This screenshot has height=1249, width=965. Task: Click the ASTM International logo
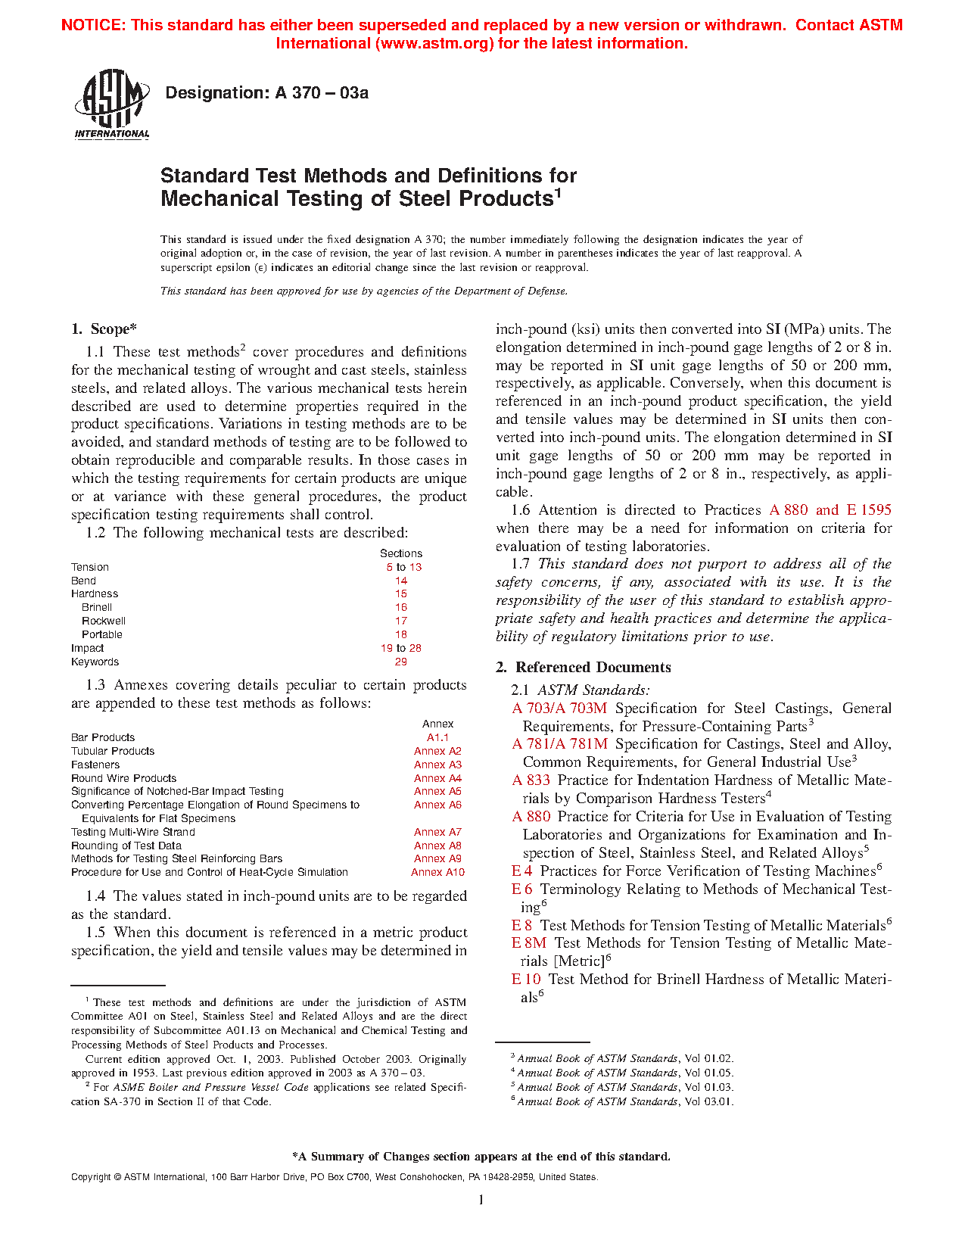click(x=111, y=104)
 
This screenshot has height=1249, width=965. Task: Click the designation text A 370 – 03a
click(x=266, y=93)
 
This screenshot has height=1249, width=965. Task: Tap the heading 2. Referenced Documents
click(x=583, y=667)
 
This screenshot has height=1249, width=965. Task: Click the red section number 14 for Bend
click(x=401, y=581)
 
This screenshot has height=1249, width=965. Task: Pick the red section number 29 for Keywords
click(x=401, y=662)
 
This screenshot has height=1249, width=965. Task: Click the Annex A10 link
click(x=437, y=872)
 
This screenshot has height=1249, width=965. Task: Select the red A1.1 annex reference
click(x=437, y=737)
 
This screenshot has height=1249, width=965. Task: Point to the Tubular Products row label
click(x=113, y=751)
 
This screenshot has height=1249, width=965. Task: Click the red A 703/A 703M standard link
click(x=559, y=709)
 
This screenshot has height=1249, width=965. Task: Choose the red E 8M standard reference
click(x=529, y=943)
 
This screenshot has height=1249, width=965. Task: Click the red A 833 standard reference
click(x=531, y=780)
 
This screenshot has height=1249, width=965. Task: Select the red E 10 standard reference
click(x=526, y=980)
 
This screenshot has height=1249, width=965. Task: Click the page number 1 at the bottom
click(x=481, y=1199)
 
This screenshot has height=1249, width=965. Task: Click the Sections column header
click(x=401, y=553)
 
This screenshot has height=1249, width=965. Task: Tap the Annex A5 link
click(x=437, y=791)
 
